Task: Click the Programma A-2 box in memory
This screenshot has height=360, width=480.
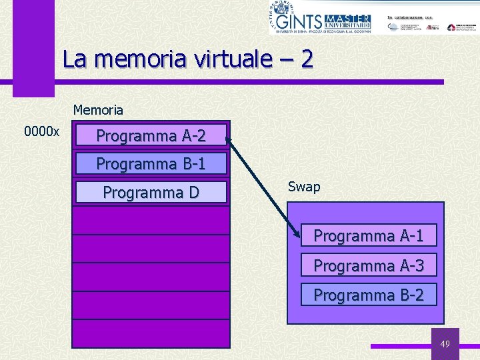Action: [x=151, y=136]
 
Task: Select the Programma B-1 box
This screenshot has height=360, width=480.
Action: [x=151, y=163]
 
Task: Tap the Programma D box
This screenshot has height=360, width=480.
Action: [x=151, y=193]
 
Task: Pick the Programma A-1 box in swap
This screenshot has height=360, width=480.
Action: [x=369, y=235]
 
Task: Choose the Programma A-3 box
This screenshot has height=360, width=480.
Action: [x=369, y=265]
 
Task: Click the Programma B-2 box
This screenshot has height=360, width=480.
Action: [x=369, y=294]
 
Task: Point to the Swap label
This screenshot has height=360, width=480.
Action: [x=304, y=187]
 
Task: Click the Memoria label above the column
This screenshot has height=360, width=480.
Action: [x=98, y=109]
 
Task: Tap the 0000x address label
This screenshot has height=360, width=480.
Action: [x=42, y=131]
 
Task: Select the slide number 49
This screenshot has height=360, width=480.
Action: [x=445, y=344]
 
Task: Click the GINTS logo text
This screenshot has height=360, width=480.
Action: [x=304, y=21]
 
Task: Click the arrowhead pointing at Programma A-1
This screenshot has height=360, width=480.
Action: [x=297, y=233]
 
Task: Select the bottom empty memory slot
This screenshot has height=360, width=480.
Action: [x=151, y=333]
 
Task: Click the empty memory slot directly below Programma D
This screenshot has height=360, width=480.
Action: [x=151, y=220]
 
